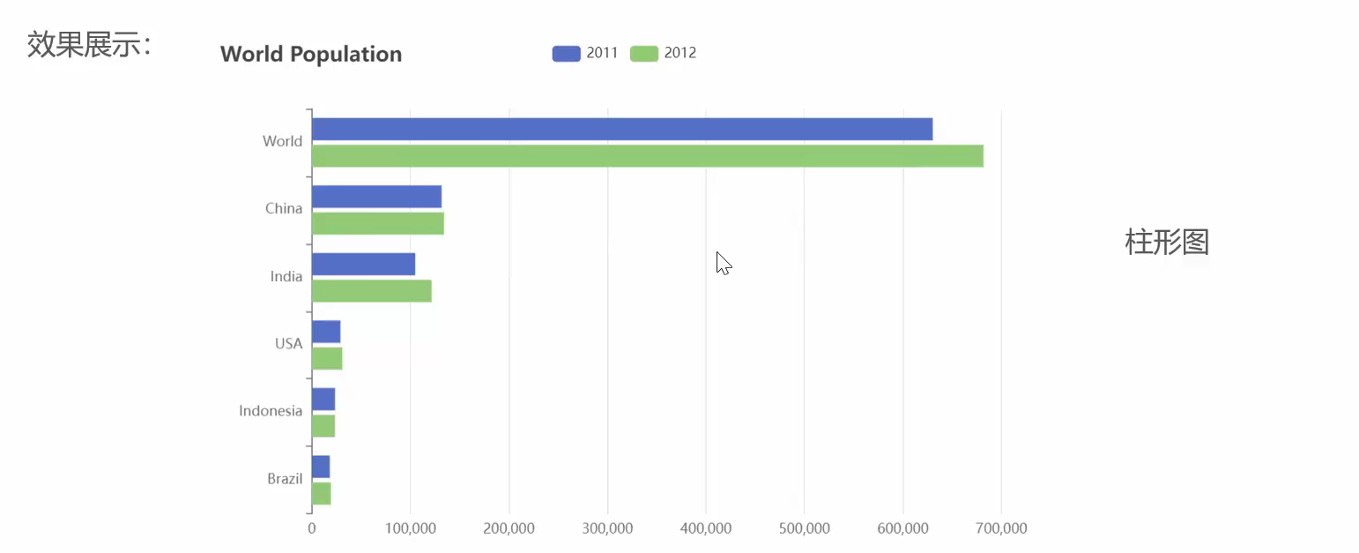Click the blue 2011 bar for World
pos(621,129)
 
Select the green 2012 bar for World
pos(647,156)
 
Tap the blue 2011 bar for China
pos(376,197)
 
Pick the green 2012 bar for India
pos(371,291)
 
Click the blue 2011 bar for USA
pos(326,332)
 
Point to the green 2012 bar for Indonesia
pos(323,426)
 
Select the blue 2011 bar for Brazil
pos(321,467)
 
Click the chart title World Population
pos(311,54)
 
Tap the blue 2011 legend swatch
pos(566,53)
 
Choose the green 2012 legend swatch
pos(644,53)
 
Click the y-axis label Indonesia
pos(271,411)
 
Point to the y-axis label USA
pos(288,343)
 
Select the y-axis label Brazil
pos(285,479)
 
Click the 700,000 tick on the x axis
pos(1001,528)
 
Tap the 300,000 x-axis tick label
pos(608,528)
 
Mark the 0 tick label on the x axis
pos(311,528)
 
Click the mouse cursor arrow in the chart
pos(723,262)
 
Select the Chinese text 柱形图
pos(1167,241)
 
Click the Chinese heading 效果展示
pos(89,44)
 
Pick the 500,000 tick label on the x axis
pos(805,528)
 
